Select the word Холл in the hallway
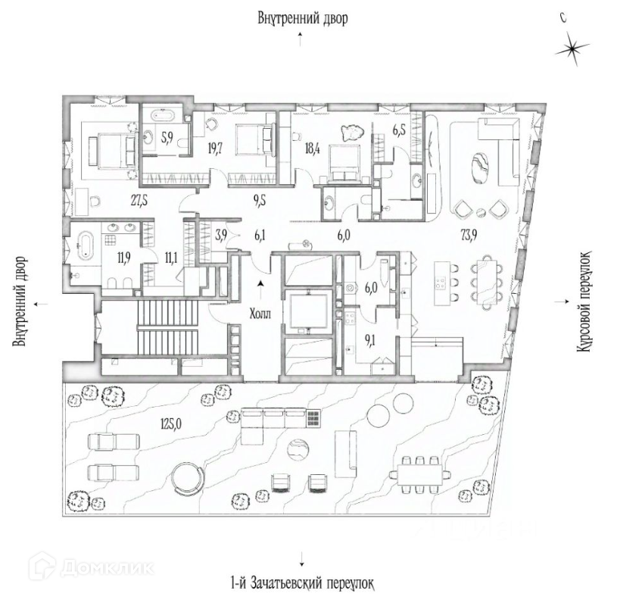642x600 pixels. point(260,314)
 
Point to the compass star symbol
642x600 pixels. point(572,49)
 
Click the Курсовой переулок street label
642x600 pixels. point(585,302)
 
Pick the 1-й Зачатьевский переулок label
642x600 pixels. point(302,583)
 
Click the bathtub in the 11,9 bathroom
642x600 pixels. point(85,246)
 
